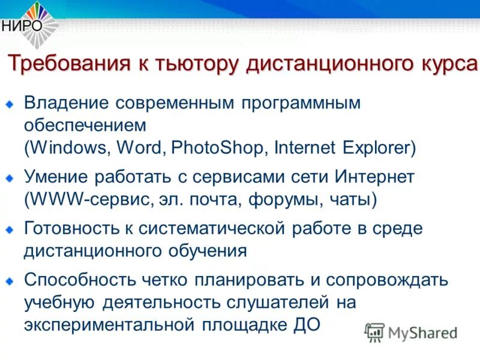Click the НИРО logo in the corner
pyautogui.click(x=29, y=23)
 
